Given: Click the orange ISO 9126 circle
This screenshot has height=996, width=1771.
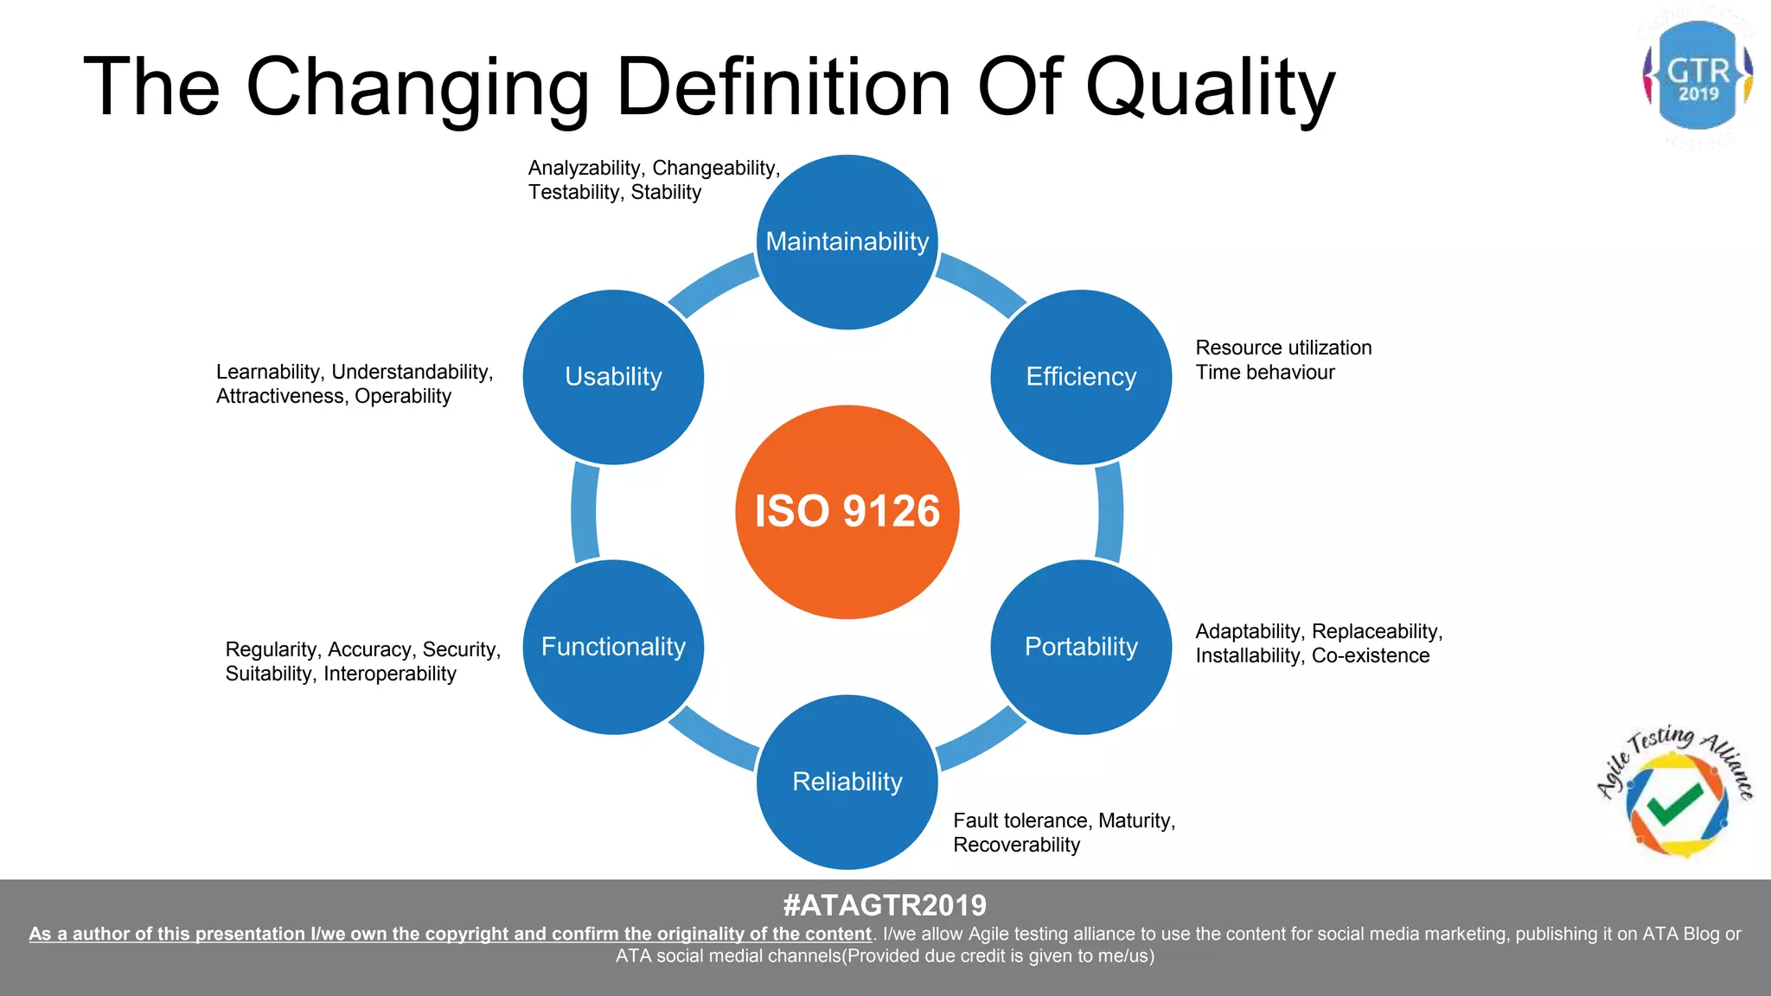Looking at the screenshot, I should (847, 512).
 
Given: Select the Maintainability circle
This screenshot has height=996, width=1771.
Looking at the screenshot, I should (847, 242).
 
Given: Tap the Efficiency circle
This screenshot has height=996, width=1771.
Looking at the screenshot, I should (1081, 377).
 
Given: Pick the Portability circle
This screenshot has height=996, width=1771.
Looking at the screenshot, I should (1081, 647).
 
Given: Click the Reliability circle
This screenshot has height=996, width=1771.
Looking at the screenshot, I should (847, 782).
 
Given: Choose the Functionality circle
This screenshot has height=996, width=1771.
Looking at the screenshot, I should (613, 647).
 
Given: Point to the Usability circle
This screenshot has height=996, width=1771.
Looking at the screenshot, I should (613, 377).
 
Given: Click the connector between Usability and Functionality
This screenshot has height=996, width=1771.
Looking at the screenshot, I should (585, 512).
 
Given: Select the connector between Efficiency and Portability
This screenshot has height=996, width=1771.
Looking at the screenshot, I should (1109, 512).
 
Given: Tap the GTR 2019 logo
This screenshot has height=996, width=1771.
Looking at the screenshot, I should (1697, 76).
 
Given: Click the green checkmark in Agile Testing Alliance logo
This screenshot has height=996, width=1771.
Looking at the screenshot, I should (1674, 804).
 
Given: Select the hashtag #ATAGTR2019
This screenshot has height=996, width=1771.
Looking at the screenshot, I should (885, 905).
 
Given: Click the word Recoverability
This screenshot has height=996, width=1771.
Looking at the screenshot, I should (1016, 846).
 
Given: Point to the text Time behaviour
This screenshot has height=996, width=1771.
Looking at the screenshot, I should (1264, 373).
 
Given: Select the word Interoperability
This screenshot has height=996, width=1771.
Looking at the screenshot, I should (389, 674).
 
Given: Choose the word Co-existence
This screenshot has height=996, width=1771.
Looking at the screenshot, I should (1370, 655).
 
